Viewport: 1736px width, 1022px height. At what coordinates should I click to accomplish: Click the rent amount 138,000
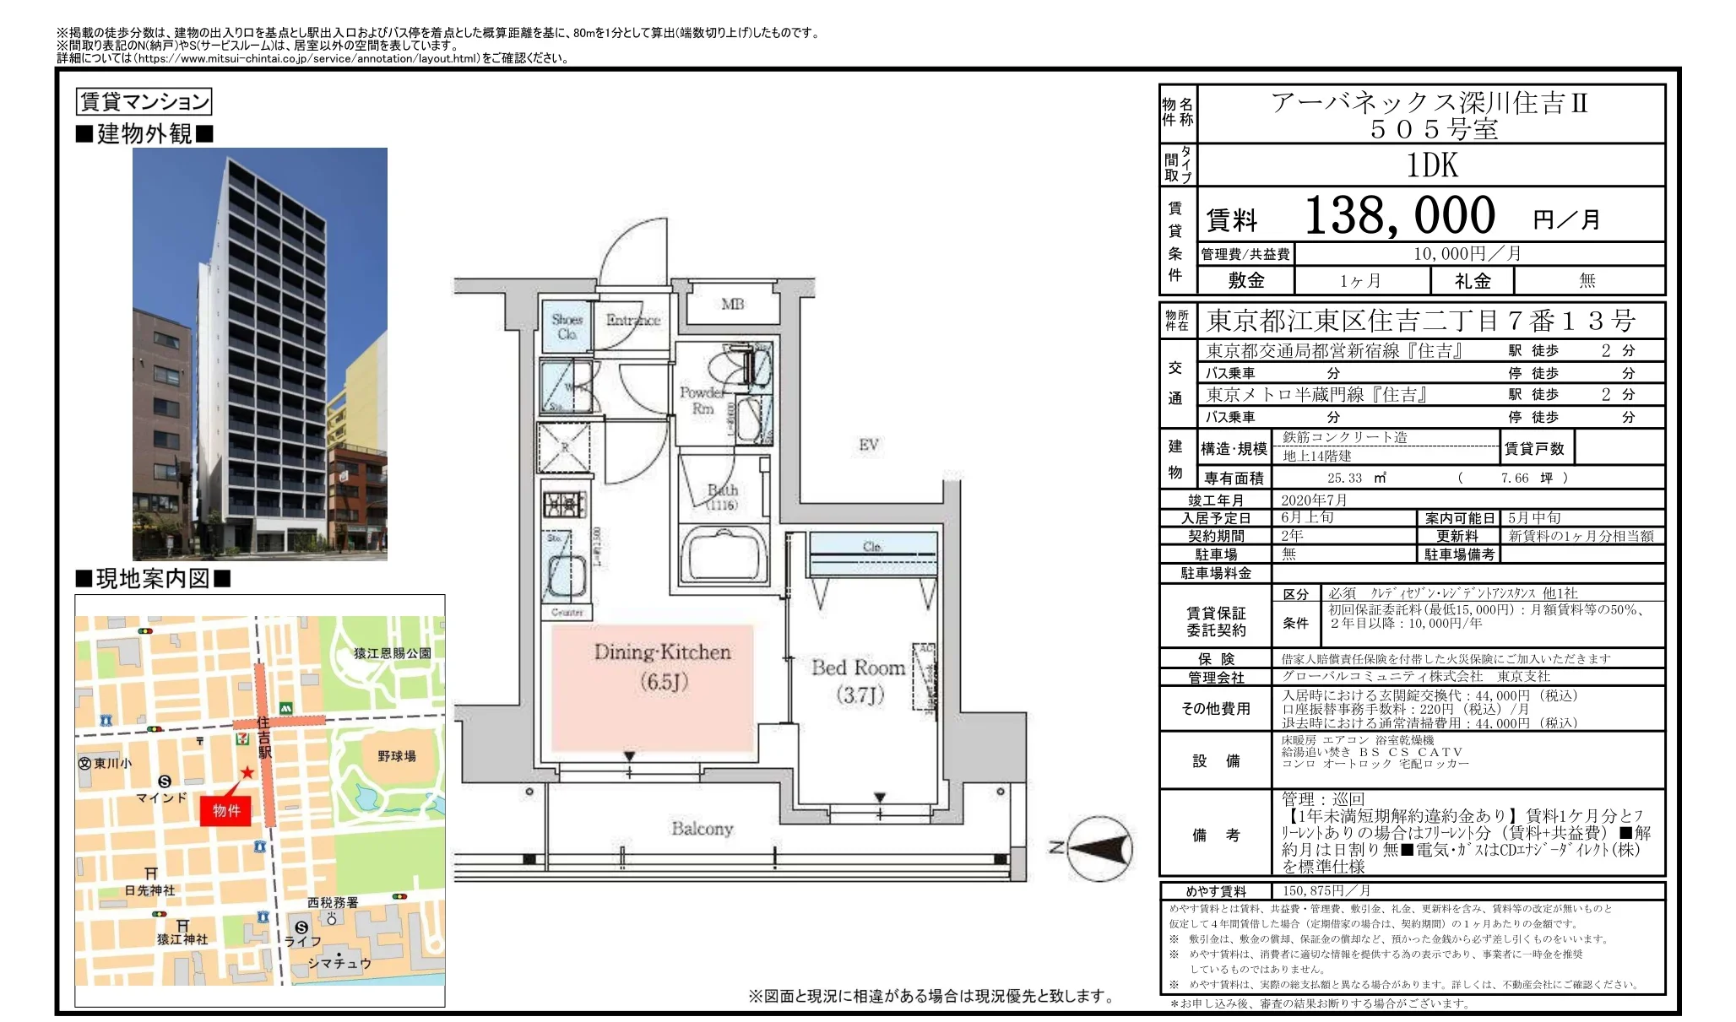tap(1399, 215)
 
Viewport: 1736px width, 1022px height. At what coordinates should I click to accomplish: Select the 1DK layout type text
tap(1431, 165)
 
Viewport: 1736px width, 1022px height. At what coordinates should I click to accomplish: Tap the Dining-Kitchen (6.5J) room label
tap(662, 666)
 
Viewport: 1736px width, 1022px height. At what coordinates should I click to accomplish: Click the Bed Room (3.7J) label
tap(859, 680)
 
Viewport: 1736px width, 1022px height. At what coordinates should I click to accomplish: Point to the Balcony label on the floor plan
tap(702, 829)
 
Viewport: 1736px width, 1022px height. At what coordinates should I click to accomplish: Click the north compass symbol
tap(1098, 848)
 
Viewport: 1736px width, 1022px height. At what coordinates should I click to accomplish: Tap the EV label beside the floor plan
tap(869, 445)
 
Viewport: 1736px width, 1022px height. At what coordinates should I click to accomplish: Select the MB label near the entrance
tap(732, 304)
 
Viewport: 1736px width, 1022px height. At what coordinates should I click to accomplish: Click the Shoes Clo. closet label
tap(567, 327)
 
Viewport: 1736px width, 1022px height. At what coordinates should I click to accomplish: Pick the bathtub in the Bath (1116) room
tap(724, 557)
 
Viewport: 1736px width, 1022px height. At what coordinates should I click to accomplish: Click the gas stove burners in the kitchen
tap(564, 505)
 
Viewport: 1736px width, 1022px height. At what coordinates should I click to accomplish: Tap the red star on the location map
tap(247, 772)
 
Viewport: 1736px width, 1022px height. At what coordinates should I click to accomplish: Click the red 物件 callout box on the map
tap(225, 810)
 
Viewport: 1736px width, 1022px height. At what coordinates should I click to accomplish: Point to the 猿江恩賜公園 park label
tap(392, 653)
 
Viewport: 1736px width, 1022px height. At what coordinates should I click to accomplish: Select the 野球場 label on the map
tap(396, 756)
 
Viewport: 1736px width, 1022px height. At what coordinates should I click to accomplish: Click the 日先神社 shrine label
tap(149, 890)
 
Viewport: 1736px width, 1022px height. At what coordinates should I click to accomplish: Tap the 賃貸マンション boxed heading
tap(144, 102)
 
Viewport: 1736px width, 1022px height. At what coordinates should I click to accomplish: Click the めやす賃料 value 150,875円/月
tap(1326, 891)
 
